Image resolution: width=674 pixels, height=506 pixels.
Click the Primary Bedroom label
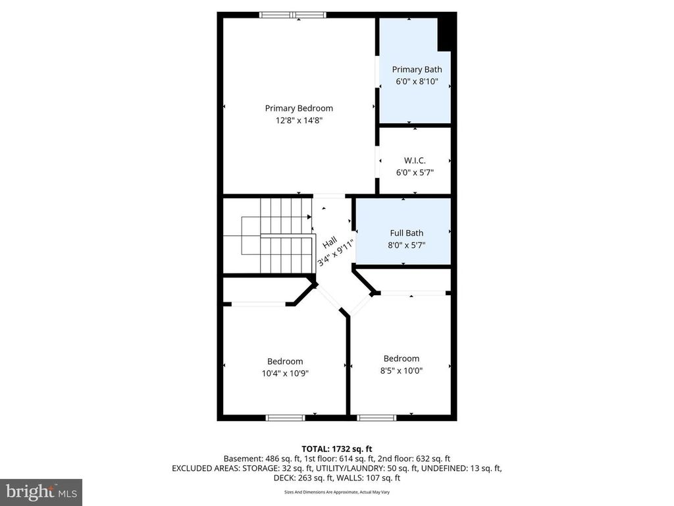(299, 108)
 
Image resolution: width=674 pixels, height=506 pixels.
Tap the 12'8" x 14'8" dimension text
(299, 121)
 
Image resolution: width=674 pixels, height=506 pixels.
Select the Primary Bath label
(417, 69)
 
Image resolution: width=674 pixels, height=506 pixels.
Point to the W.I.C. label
(415, 160)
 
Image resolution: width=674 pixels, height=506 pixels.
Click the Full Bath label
(406, 233)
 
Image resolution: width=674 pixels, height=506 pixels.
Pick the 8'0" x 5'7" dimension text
(406, 244)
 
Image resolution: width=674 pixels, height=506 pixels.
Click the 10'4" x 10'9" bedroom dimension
(285, 373)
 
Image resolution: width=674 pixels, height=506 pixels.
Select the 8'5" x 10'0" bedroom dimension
(402, 370)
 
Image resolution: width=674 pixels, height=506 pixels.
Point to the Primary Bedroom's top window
(293, 14)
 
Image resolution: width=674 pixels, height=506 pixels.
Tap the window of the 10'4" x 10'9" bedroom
(285, 417)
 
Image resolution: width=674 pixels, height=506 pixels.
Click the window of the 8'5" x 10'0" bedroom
(376, 417)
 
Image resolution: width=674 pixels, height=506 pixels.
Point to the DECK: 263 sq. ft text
(295, 478)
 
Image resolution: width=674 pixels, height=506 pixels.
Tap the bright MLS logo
(40, 492)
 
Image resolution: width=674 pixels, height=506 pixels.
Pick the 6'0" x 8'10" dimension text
(417, 82)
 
